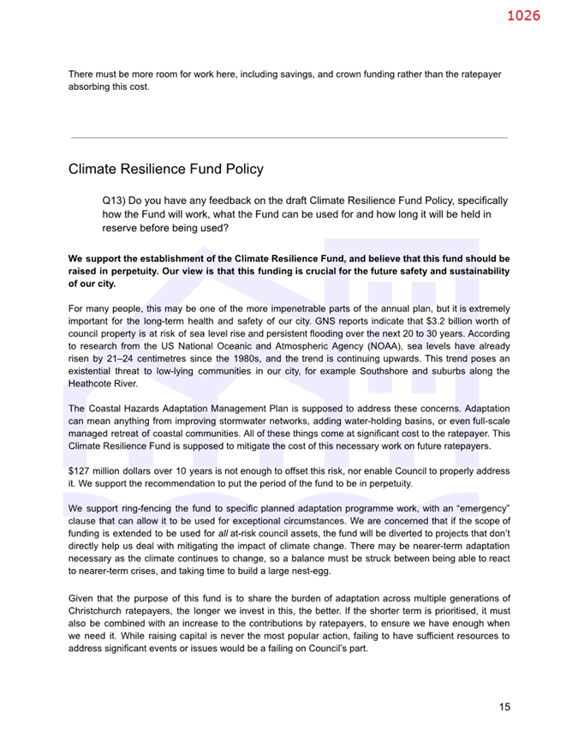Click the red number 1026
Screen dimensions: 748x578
[523, 15]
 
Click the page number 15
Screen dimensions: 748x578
[504, 708]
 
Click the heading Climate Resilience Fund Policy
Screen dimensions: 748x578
[165, 170]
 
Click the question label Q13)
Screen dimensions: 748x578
[114, 200]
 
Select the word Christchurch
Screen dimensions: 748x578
[97, 610]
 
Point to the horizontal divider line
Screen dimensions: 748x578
[289, 137]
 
